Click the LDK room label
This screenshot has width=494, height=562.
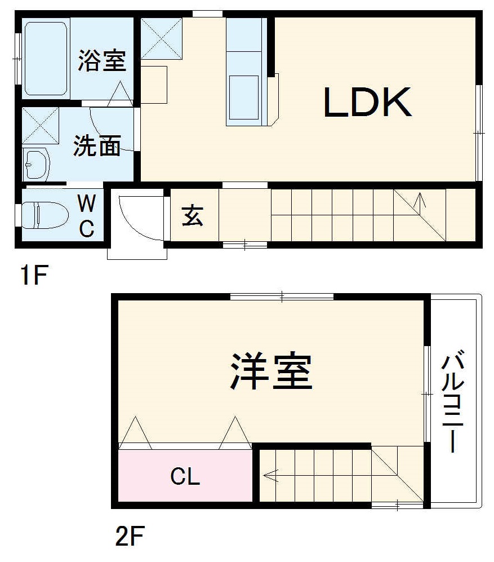[367, 103]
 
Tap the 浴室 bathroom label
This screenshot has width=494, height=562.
[102, 61]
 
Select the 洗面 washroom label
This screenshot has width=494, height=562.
[97, 147]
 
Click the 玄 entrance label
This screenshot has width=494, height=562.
[193, 216]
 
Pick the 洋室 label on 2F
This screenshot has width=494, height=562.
[271, 371]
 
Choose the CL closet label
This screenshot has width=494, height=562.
[185, 477]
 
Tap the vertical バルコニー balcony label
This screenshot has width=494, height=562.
[453, 402]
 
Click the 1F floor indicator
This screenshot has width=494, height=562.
[33, 276]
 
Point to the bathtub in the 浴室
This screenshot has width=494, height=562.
[47, 57]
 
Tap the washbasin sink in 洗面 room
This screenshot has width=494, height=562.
[36, 165]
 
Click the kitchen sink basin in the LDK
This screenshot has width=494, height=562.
[243, 96]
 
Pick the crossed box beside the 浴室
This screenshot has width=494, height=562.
[161, 38]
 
